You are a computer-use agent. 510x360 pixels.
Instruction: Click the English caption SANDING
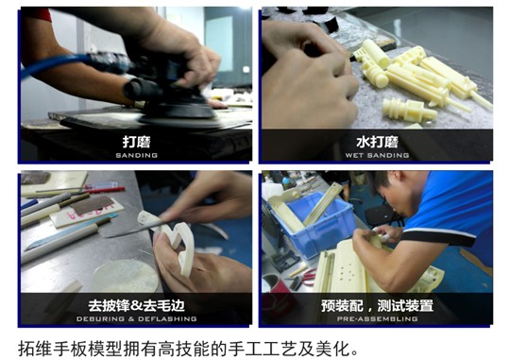136,155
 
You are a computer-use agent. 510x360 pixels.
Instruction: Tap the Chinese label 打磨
136,142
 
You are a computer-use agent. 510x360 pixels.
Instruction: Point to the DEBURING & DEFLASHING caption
136,319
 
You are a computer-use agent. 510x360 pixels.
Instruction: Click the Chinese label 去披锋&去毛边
136,306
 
